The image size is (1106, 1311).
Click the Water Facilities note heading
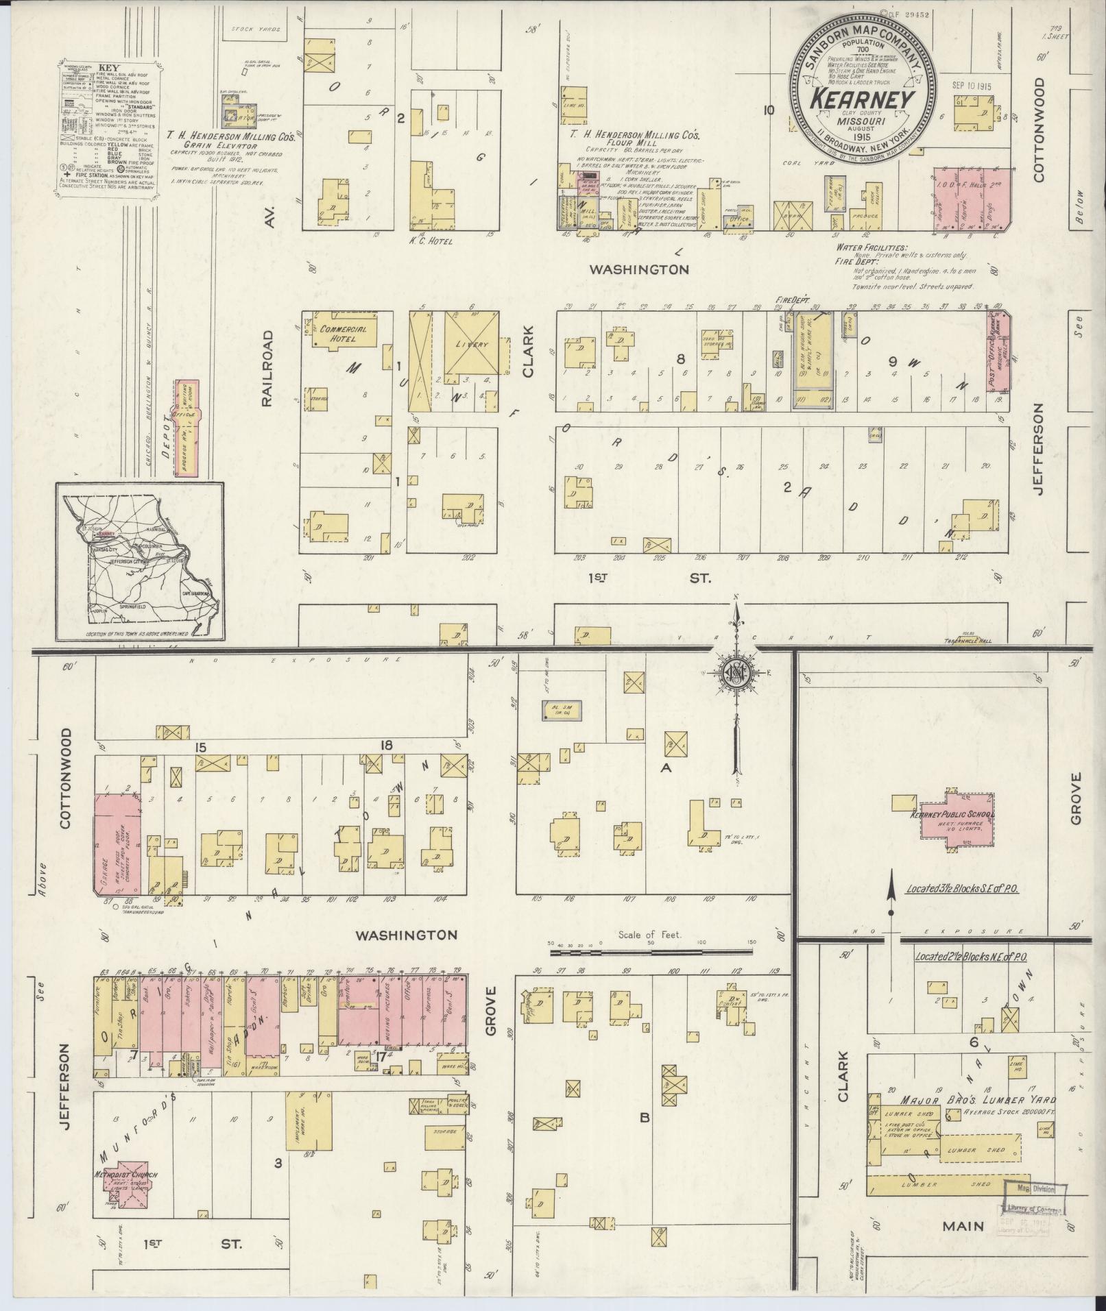[x=871, y=247]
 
